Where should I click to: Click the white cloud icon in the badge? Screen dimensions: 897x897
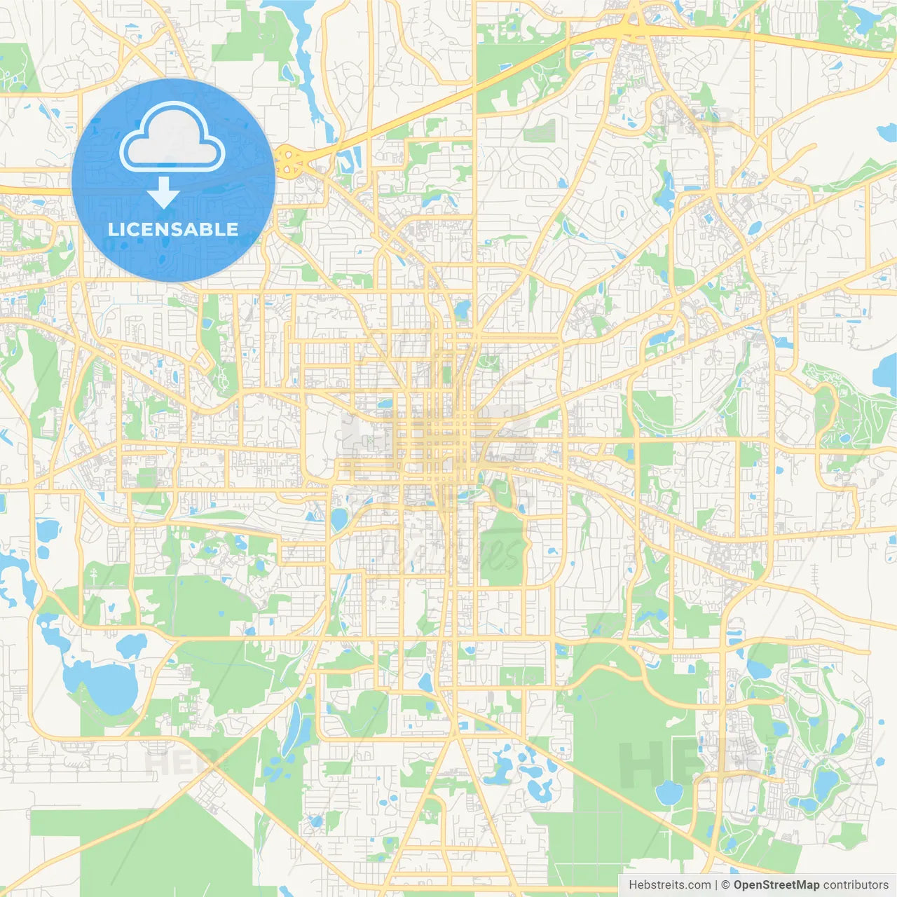[172, 137]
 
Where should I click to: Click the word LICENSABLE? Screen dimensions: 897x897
[173, 229]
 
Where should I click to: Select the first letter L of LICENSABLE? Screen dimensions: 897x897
[112, 229]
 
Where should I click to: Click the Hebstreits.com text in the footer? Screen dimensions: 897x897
[669, 885]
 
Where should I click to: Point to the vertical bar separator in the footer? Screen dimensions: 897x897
[715, 885]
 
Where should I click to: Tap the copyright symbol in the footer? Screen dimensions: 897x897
[726, 885]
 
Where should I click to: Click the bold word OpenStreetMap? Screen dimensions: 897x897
[776, 885]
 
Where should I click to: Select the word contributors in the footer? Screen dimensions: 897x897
[856, 885]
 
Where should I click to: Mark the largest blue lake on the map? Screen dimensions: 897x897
[102, 683]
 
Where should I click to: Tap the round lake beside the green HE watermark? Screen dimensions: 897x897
[669, 792]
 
